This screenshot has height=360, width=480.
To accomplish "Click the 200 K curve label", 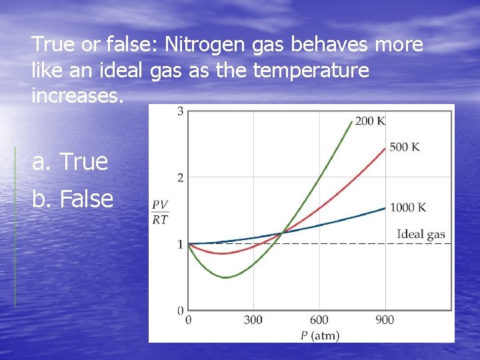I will point(370,121).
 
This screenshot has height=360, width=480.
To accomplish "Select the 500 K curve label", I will point(404,147).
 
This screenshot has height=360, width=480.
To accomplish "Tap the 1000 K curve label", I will point(407,207).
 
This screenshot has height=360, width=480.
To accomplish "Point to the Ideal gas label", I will point(421,234).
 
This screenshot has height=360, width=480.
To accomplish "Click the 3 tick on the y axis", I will point(181,111).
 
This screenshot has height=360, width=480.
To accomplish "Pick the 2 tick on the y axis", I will point(181,177).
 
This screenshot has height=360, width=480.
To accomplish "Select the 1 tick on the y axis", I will point(181,244).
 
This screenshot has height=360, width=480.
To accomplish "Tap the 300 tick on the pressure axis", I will point(253,320).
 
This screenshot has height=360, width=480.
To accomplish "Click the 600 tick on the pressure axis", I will point(319,320).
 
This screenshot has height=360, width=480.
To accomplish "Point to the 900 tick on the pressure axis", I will point(385,320).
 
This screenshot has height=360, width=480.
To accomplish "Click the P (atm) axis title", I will point(319,335).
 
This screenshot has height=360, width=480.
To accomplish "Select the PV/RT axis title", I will point(160,212).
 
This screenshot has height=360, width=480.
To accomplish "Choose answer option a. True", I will point(70,161).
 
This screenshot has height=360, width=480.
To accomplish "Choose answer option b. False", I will point(73,198).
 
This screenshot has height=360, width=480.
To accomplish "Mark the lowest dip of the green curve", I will point(227,277).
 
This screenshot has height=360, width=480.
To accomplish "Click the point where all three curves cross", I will point(283,233).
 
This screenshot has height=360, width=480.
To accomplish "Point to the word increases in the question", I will point(77,95).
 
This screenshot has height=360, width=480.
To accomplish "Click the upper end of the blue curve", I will point(385,207).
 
